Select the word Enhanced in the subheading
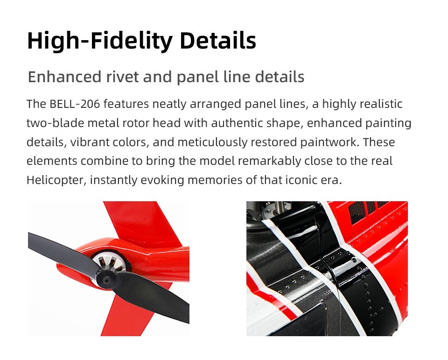click(64, 77)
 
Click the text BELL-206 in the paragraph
click(75, 104)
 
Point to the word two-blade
click(55, 123)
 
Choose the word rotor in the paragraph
click(136, 123)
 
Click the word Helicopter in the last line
click(56, 180)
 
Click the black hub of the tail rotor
click(106, 279)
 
